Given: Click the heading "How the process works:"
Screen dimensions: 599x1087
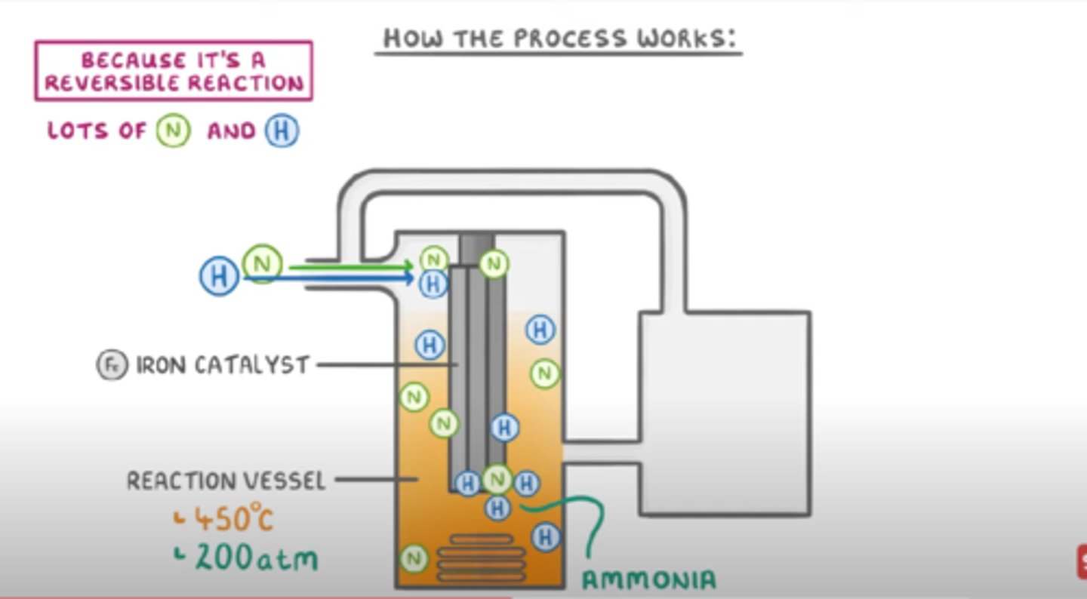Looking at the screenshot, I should pyautogui.click(x=559, y=38).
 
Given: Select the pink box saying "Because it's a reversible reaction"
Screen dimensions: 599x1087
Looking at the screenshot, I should pyautogui.click(x=173, y=71).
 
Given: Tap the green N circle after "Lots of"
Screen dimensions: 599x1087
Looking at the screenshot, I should pyautogui.click(x=173, y=131).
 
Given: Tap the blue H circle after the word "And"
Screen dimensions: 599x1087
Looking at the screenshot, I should pyautogui.click(x=282, y=131).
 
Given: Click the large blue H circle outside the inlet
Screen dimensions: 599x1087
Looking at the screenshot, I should pyautogui.click(x=219, y=276).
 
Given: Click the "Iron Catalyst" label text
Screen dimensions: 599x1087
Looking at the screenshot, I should pyautogui.click(x=223, y=365).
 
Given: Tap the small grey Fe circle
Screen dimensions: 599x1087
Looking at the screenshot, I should pyautogui.click(x=112, y=365).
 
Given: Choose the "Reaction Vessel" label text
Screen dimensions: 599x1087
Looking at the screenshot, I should pyautogui.click(x=226, y=481).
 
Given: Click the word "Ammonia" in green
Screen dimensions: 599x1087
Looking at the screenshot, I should pyautogui.click(x=648, y=579).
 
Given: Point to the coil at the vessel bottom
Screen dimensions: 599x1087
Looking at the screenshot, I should pyautogui.click(x=482, y=558).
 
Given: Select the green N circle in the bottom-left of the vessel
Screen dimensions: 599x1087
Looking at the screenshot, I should pyautogui.click(x=413, y=558).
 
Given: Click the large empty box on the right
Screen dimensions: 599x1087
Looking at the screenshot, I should pyautogui.click(x=725, y=413).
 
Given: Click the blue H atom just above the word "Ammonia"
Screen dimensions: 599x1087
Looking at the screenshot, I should pyautogui.click(x=546, y=537).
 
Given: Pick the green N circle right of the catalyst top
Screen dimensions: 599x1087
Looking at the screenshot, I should pyautogui.click(x=494, y=263).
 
